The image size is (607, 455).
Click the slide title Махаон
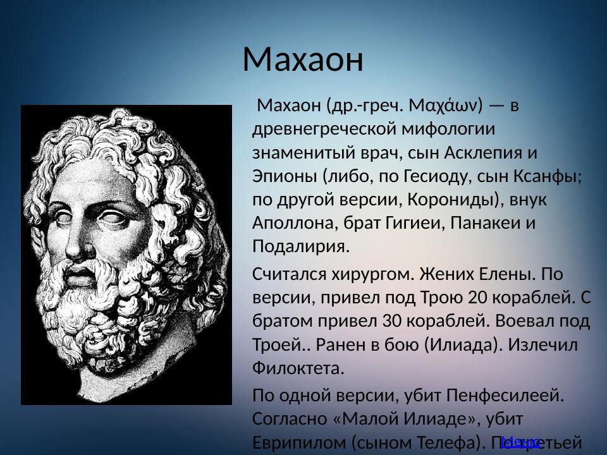coord(303,59)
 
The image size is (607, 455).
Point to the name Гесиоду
coord(453,176)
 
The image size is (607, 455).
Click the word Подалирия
coord(301,246)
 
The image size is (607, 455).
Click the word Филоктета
coord(298,368)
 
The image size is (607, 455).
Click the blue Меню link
coord(520,442)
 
